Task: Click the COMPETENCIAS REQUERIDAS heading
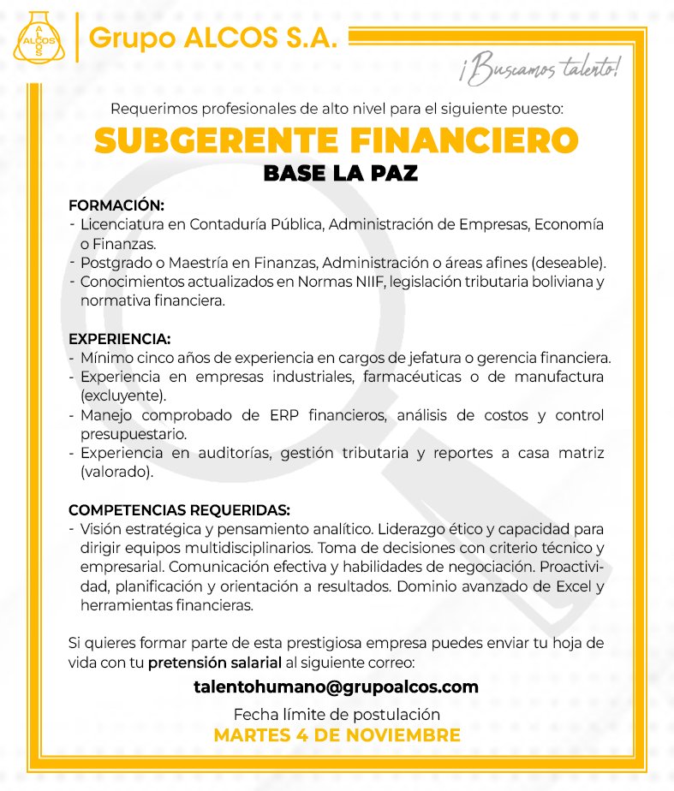(179, 511)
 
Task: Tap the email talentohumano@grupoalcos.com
(336, 687)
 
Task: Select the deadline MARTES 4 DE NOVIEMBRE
(337, 735)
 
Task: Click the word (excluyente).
(123, 396)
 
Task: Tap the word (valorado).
(116, 472)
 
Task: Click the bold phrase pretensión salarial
(215, 663)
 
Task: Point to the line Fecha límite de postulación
(337, 714)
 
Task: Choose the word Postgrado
(111, 262)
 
